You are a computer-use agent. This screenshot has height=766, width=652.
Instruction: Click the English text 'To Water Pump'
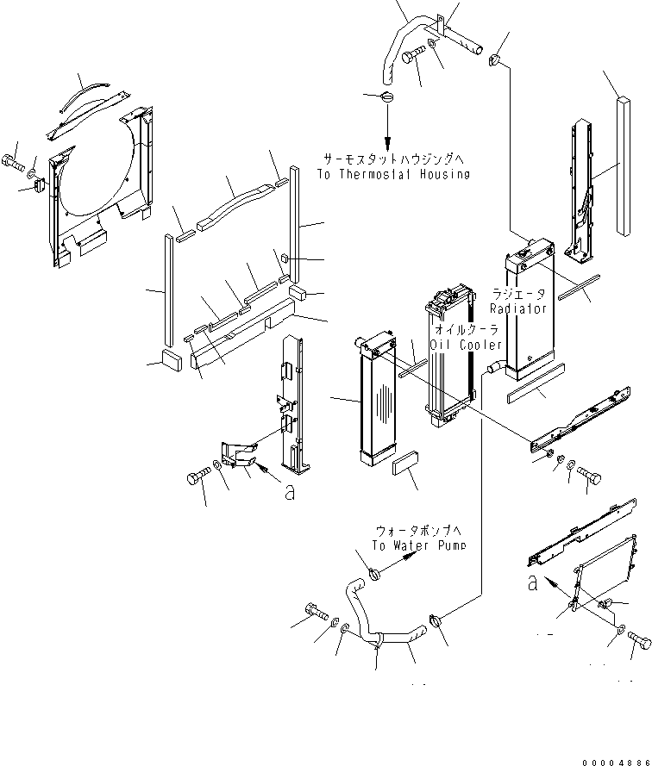(x=419, y=545)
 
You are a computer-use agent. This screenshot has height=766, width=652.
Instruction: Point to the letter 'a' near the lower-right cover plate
(x=533, y=583)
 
